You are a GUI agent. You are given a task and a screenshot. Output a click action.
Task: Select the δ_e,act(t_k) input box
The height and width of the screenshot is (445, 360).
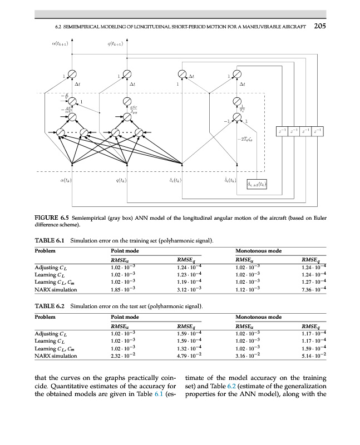point(257,184)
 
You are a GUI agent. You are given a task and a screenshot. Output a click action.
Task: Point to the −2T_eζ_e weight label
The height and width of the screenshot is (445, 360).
point(244,140)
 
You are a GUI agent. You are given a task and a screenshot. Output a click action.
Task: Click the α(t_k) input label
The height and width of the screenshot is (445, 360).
point(66,180)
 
